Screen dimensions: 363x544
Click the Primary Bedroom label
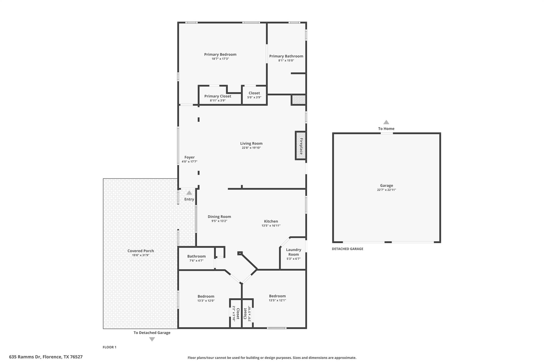220,55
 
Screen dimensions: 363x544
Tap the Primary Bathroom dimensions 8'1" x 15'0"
286,61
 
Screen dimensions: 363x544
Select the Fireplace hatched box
301,146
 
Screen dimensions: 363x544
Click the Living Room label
251,144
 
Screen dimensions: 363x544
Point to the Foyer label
189,157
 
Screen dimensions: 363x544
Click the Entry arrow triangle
189,193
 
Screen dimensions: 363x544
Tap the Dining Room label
219,217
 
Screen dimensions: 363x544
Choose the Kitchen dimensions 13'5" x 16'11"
271,226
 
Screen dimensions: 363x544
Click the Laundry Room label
294,252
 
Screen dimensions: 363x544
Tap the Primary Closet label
218,96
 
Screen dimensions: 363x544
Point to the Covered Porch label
141,251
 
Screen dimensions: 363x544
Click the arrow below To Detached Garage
152,339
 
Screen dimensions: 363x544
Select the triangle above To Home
386,122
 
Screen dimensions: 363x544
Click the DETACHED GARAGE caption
347,249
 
